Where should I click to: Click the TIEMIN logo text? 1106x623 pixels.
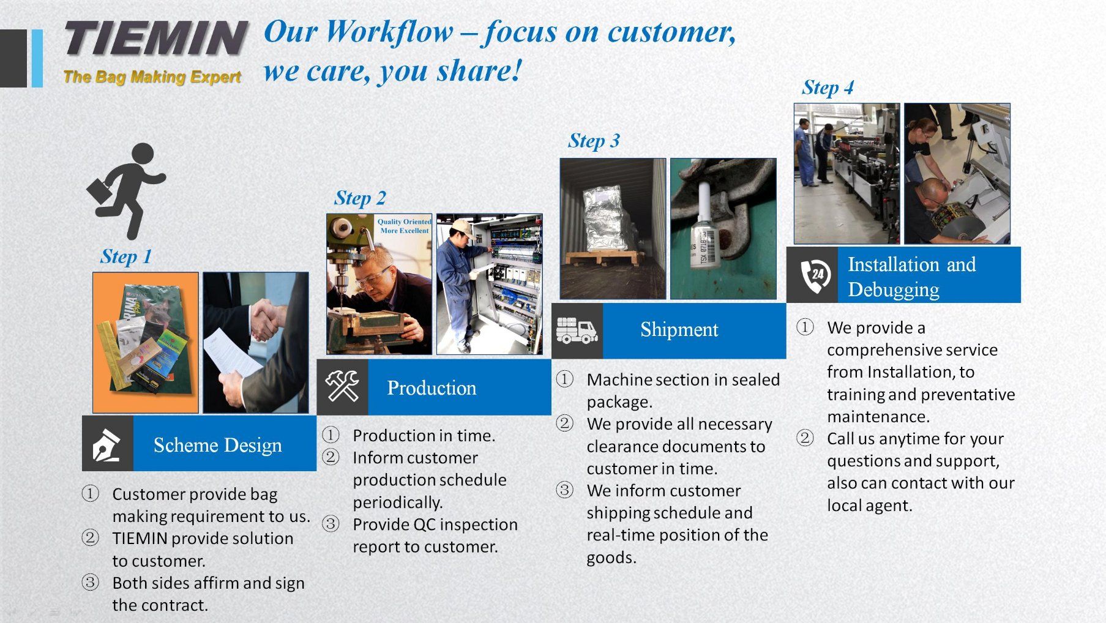(x=156, y=38)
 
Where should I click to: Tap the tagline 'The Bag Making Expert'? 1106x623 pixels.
(x=152, y=76)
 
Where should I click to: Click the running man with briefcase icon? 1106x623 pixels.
(x=127, y=191)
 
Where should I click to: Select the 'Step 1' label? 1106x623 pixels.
(x=126, y=256)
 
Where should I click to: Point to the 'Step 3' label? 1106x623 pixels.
(x=594, y=141)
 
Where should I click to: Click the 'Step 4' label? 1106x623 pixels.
(x=828, y=88)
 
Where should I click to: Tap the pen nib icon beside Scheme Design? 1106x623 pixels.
(x=106, y=444)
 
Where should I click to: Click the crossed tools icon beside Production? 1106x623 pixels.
(x=342, y=386)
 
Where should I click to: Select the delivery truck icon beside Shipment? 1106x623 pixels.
(x=577, y=330)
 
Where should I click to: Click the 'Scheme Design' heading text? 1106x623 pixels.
(x=218, y=445)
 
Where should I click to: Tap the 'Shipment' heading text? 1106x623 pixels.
(x=679, y=329)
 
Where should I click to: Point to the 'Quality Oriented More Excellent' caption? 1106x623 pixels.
(x=405, y=226)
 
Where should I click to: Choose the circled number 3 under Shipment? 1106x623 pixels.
(x=564, y=490)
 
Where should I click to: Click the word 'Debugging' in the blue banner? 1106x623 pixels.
(x=893, y=289)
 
